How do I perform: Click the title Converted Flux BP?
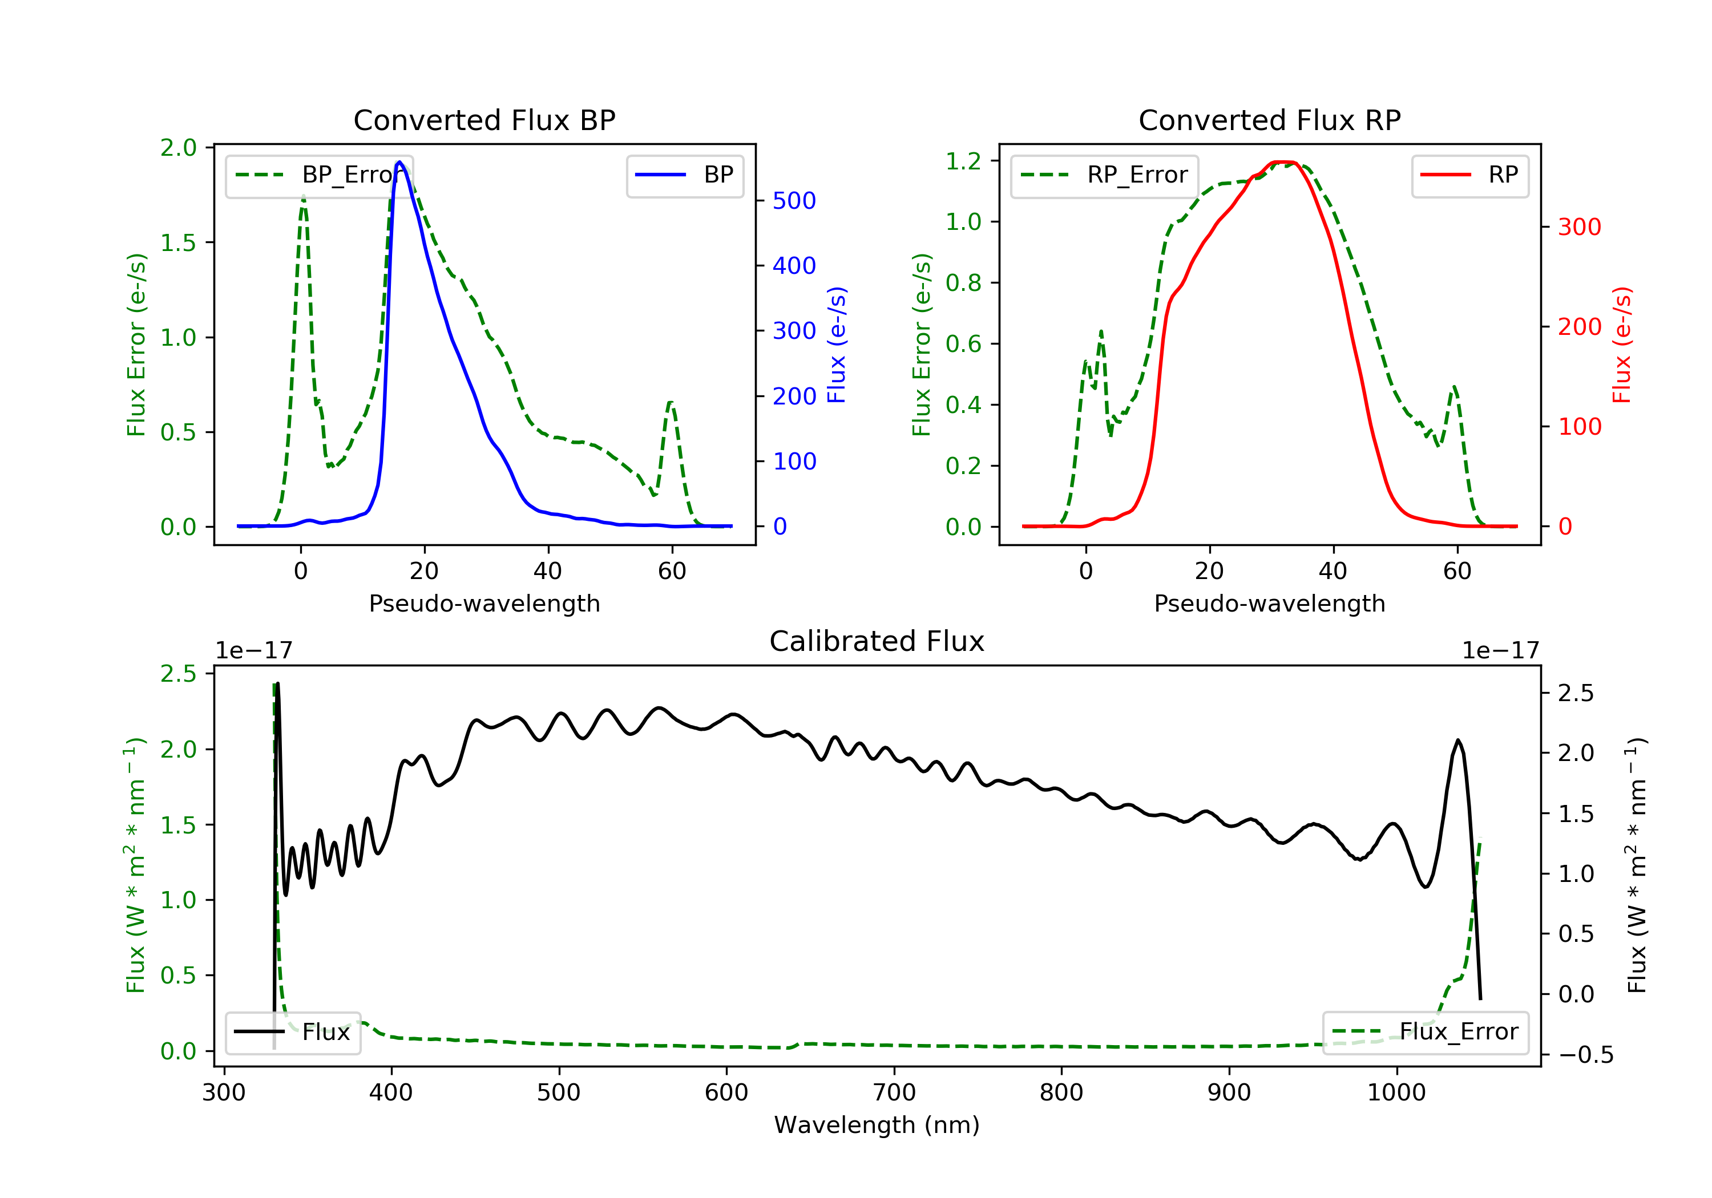pyautogui.click(x=484, y=120)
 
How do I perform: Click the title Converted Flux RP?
pyautogui.click(x=1269, y=120)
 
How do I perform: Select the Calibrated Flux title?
pyautogui.click(x=877, y=641)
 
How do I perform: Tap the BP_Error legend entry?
pyautogui.click(x=319, y=175)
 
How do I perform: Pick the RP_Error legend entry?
pyautogui.click(x=1104, y=175)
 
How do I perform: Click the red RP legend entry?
pyautogui.click(x=1469, y=175)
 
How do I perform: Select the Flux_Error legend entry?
pyautogui.click(x=1425, y=1032)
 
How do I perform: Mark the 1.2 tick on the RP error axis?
pyautogui.click(x=963, y=161)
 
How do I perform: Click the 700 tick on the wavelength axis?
pyautogui.click(x=894, y=1093)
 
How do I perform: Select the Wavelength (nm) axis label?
pyautogui.click(x=877, y=1125)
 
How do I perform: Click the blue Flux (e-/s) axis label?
pyautogui.click(x=837, y=345)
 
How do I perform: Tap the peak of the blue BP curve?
pyautogui.click(x=399, y=162)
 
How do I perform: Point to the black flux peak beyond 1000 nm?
pyautogui.click(x=1459, y=740)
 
